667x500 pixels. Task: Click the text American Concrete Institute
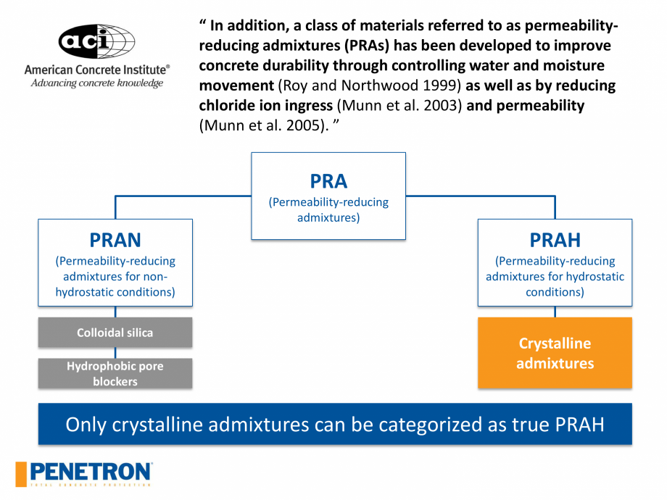point(96,70)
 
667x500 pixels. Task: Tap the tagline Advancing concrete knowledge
point(96,83)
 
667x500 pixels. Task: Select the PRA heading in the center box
point(328,180)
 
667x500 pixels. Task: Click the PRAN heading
point(115,239)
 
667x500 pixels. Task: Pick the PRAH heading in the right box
point(555,239)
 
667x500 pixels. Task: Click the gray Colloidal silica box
point(115,333)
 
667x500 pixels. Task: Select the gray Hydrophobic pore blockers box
point(115,373)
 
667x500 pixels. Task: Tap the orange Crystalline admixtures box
point(555,353)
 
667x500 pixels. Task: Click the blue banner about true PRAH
point(335,424)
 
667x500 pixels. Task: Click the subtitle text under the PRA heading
point(328,209)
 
